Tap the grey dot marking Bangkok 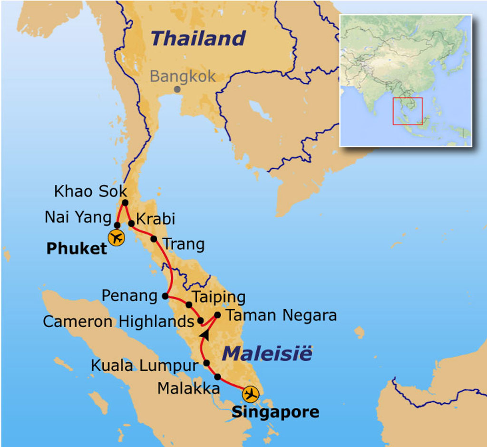pyautogui.click(x=177, y=89)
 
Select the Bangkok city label pyautogui.click(x=183, y=76)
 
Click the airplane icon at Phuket pyautogui.click(x=116, y=237)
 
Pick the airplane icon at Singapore pyautogui.click(x=250, y=394)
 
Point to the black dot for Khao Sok pyautogui.click(x=125, y=203)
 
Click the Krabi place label pyautogui.click(x=156, y=219)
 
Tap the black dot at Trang pyautogui.click(x=154, y=238)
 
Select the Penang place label pyautogui.click(x=129, y=296)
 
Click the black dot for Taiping pyautogui.click(x=189, y=305)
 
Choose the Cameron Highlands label pyautogui.click(x=118, y=321)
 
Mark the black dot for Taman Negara pyautogui.click(x=217, y=315)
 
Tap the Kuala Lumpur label pyautogui.click(x=144, y=366)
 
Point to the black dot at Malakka pyautogui.click(x=217, y=377)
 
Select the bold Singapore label pyautogui.click(x=275, y=412)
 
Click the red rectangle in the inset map pyautogui.click(x=408, y=111)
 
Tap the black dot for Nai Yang pyautogui.click(x=117, y=225)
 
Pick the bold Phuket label pyautogui.click(x=77, y=248)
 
